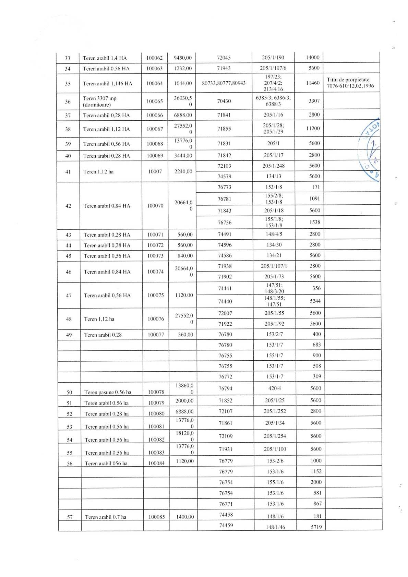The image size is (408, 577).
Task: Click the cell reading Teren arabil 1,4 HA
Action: coord(105,58)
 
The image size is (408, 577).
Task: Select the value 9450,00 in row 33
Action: coord(183,58)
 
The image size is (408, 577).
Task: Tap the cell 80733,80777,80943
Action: coord(224,83)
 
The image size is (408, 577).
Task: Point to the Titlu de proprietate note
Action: coord(350,83)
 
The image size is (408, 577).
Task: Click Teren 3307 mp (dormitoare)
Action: coord(100,101)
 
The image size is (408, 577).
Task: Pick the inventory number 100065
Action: coord(155,101)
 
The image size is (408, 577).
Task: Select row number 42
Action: coord(68,206)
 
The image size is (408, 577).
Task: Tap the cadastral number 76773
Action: coord(224,187)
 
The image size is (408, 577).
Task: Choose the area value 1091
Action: coord(314,199)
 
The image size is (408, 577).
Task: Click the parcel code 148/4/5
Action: coord(274,235)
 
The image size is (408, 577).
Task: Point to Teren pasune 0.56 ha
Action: coord(108,392)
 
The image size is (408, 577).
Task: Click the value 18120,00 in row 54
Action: coord(184,436)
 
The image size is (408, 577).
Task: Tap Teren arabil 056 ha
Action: coord(106,464)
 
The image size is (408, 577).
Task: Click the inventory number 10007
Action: coord(155,171)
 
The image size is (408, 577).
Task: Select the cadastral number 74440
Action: coord(225,301)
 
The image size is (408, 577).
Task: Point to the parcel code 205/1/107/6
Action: coord(273,68)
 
